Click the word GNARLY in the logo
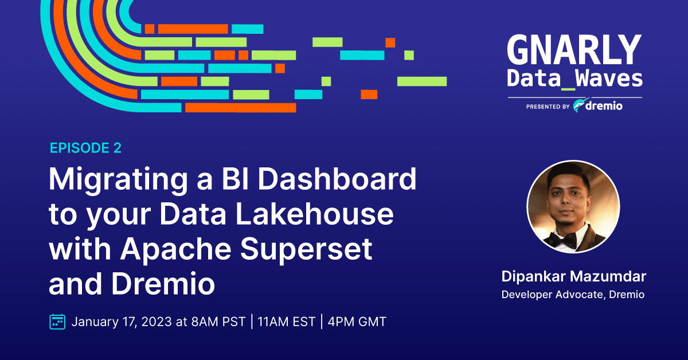pyautogui.click(x=574, y=49)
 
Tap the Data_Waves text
pyautogui.click(x=574, y=79)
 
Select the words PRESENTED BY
pyautogui.click(x=548, y=107)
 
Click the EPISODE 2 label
pyautogui.click(x=85, y=148)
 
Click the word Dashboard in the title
pyautogui.click(x=337, y=179)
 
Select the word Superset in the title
pyautogui.click(x=306, y=249)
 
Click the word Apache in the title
pyautogui.click(x=175, y=249)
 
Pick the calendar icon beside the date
pyautogui.click(x=57, y=322)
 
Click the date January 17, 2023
pyautogui.click(x=122, y=322)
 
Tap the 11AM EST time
pyautogui.click(x=286, y=322)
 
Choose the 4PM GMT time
pyautogui.click(x=357, y=322)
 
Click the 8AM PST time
pyautogui.click(x=218, y=322)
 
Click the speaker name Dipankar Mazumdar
pyautogui.click(x=574, y=276)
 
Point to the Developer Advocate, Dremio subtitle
pyautogui.click(x=573, y=295)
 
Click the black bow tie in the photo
pyautogui.click(x=562, y=240)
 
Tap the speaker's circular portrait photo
pyautogui.click(x=573, y=207)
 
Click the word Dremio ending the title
pyautogui.click(x=163, y=284)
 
